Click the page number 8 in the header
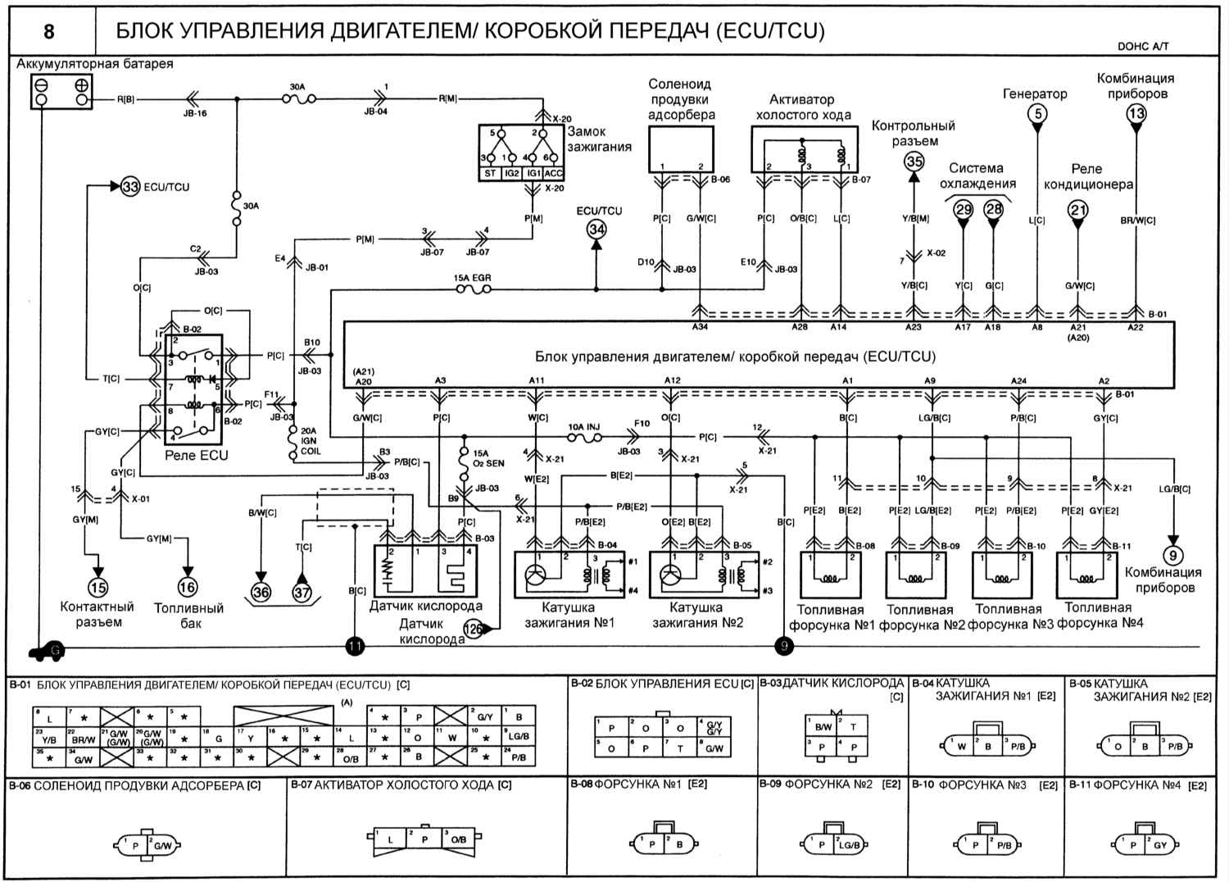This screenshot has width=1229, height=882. (x=49, y=31)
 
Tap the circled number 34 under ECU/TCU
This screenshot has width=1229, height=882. (x=596, y=230)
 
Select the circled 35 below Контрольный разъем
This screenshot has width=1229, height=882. (x=914, y=161)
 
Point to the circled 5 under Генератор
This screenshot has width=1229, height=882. (x=1037, y=113)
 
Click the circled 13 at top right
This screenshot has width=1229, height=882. (x=1136, y=113)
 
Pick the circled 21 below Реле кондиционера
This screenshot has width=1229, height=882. (x=1078, y=211)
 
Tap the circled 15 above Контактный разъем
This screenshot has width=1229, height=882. (x=98, y=587)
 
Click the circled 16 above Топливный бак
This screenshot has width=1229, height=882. (x=188, y=587)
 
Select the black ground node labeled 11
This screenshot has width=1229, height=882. (x=354, y=647)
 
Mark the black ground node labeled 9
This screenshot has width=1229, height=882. (x=784, y=647)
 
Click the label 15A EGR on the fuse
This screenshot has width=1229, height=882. (x=473, y=279)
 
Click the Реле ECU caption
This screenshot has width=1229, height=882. (x=197, y=455)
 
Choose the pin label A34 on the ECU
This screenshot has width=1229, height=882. (x=699, y=327)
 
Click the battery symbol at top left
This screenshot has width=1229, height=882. (x=61, y=91)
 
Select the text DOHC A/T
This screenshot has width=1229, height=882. (x=1143, y=47)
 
